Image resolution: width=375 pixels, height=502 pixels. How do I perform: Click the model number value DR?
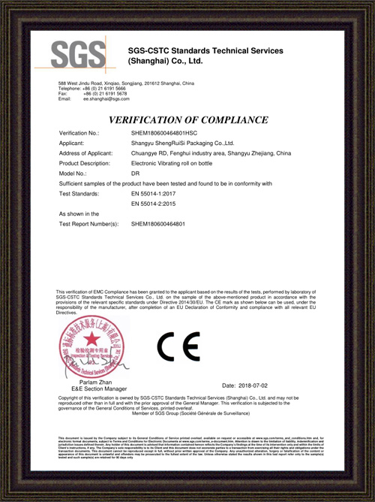click(136, 174)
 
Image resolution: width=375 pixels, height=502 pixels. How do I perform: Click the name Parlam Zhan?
click(82, 382)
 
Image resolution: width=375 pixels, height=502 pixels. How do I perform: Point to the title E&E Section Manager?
click(82, 389)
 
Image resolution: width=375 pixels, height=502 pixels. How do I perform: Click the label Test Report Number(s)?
click(88, 225)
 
